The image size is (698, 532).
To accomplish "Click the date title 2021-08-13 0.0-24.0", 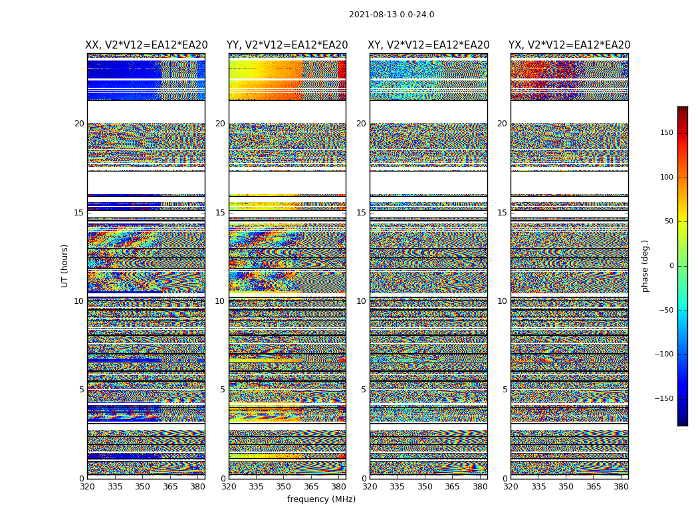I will point(392,15).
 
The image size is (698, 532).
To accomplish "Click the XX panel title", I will point(146,45).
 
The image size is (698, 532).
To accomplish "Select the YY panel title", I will point(287,45).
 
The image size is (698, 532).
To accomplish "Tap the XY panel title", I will point(429,45).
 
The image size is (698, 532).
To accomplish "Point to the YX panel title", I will point(570,45).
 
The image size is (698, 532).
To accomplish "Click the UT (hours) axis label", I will point(65,265).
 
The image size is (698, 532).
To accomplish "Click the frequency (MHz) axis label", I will point(321,499).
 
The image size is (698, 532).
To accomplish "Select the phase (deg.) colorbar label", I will point(645,265).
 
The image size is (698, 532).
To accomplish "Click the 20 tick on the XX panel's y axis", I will point(79,124).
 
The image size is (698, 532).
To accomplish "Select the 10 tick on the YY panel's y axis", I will point(221,301).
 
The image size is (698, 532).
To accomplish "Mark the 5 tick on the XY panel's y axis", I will point(364,390).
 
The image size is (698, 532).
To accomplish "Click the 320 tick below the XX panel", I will point(87,486).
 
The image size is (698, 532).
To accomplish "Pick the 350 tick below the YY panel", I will point(284,486).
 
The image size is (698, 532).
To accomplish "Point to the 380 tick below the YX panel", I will point(621,486).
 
